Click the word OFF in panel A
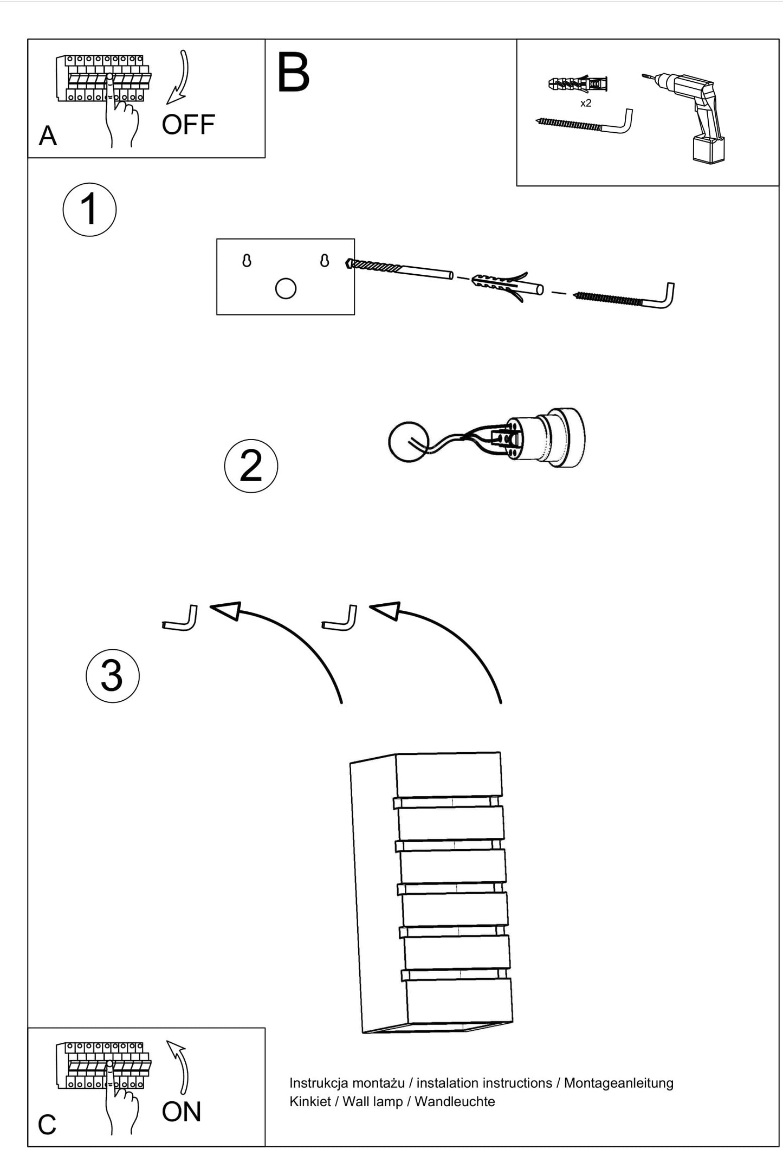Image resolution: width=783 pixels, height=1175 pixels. tap(188, 125)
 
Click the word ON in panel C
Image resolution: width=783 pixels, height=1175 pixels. tap(182, 1112)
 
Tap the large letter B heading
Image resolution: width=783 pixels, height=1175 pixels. tap(293, 73)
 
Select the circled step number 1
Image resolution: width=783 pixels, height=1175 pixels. tap(89, 210)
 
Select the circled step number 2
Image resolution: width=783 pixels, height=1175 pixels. tap(251, 466)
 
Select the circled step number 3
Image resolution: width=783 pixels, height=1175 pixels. tap(112, 676)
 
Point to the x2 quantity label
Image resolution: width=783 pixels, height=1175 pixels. tap(586, 103)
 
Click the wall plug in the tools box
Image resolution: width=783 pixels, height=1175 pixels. tap(578, 84)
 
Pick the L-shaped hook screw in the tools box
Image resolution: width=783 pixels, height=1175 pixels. tap(584, 122)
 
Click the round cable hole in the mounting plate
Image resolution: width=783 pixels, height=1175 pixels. tap(286, 288)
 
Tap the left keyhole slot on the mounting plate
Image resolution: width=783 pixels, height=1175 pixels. tap(247, 261)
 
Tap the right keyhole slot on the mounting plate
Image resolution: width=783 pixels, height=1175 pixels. tap(325, 260)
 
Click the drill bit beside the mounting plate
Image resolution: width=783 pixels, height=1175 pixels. tap(399, 269)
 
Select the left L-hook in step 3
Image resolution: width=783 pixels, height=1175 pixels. tap(180, 618)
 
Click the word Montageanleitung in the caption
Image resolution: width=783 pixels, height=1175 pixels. tap(619, 1083)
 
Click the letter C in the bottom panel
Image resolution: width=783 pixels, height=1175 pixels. tap(47, 1126)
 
